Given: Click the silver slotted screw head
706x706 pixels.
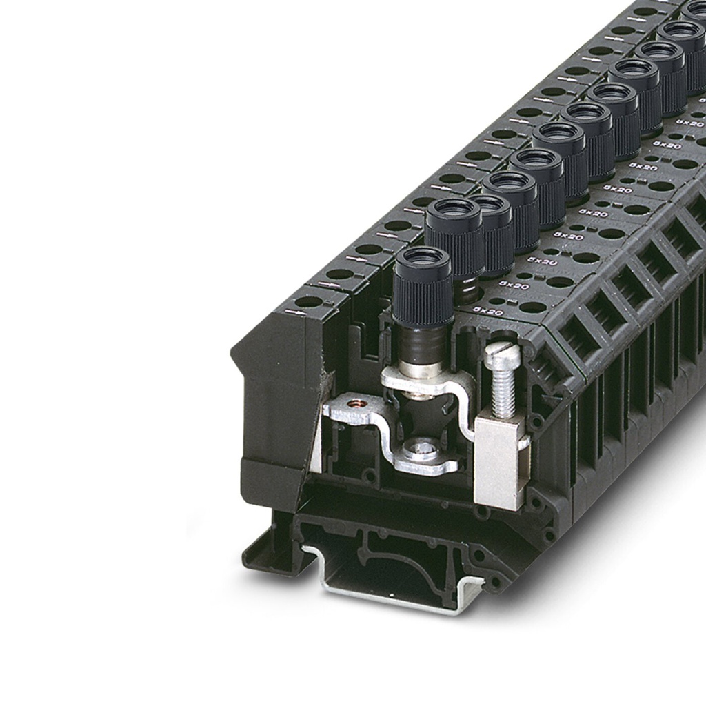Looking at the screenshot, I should click(x=501, y=354).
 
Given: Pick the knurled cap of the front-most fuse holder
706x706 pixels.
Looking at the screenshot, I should click(x=422, y=296).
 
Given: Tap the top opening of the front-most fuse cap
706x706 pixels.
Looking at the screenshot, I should click(x=423, y=258).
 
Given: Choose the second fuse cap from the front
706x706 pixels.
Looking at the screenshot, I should click(x=454, y=228).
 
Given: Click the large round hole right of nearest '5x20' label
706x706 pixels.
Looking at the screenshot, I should click(x=532, y=307).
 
